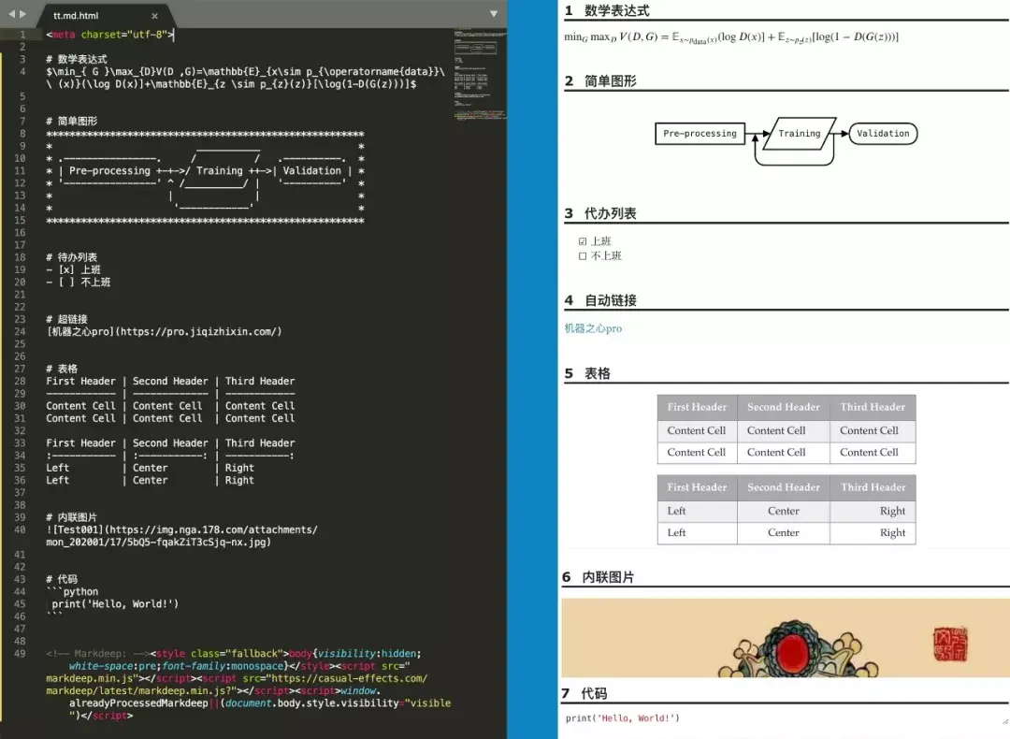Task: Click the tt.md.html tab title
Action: (76, 16)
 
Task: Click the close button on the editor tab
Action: (155, 16)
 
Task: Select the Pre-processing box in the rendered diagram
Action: (700, 134)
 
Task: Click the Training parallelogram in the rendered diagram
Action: (799, 134)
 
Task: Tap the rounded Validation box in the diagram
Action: (883, 134)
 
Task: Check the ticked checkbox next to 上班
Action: (583, 241)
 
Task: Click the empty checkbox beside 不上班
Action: (583, 255)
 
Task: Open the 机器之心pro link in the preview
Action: (593, 328)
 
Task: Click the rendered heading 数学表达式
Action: (616, 11)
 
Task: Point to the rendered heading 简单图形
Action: (610, 81)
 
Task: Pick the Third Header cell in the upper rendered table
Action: (872, 407)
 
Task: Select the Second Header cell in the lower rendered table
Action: (783, 487)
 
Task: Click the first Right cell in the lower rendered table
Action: (892, 511)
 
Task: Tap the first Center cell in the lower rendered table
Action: (783, 511)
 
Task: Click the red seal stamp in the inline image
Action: (951, 645)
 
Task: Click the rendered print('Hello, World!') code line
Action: (622, 718)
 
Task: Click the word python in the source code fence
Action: (80, 591)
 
